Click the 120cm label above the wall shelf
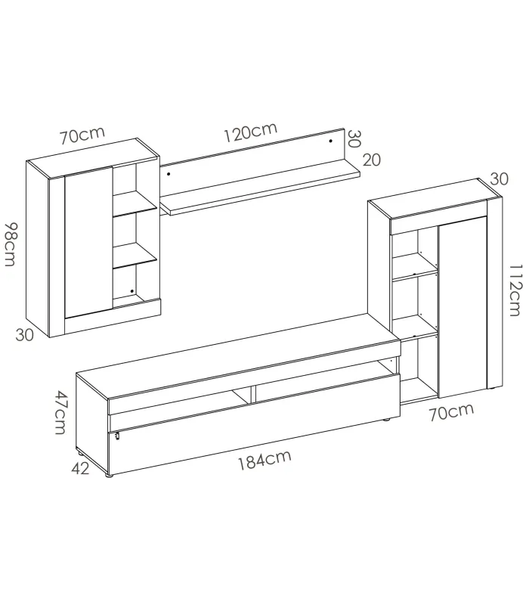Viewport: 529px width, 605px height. click(249, 134)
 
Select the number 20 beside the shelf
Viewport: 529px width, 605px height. click(372, 160)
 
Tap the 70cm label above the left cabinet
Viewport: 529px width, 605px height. click(82, 137)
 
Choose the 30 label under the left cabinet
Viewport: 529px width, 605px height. click(25, 335)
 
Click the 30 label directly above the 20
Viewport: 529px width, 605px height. click(354, 138)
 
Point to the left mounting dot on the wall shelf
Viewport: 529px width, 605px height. click(169, 175)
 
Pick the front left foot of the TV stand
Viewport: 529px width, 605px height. click(110, 476)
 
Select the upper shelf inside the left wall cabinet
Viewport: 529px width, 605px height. click(135, 210)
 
